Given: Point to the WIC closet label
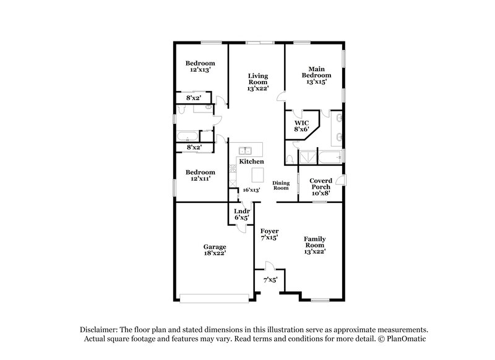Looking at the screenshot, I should tap(301, 122).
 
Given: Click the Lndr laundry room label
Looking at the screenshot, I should tap(242, 211).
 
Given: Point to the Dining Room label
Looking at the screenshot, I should tap(282, 185).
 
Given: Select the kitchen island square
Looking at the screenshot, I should tap(257, 173).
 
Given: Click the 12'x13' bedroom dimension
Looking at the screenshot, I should tap(200, 71).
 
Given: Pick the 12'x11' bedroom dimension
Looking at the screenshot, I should tap(200, 179).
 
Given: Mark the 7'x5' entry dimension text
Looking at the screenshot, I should tap(270, 279).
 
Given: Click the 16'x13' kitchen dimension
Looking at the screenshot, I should tap(250, 190).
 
